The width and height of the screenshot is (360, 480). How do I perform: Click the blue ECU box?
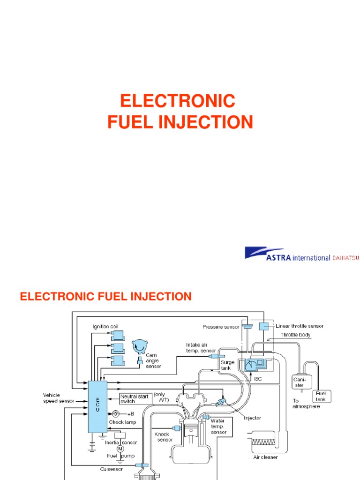click(x=97, y=406)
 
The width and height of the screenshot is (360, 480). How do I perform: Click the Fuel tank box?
click(x=322, y=396)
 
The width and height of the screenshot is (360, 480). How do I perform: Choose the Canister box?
click(x=300, y=382)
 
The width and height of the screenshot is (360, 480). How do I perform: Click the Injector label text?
click(x=252, y=418)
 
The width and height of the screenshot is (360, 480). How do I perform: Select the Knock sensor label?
click(x=162, y=437)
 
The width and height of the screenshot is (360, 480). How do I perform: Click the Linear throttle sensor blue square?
click(x=264, y=326)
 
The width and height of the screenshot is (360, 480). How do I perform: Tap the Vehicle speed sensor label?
click(x=58, y=398)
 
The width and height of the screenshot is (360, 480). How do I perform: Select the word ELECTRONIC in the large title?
click(x=177, y=101)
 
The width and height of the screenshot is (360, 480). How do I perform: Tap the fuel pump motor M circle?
click(x=120, y=448)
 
